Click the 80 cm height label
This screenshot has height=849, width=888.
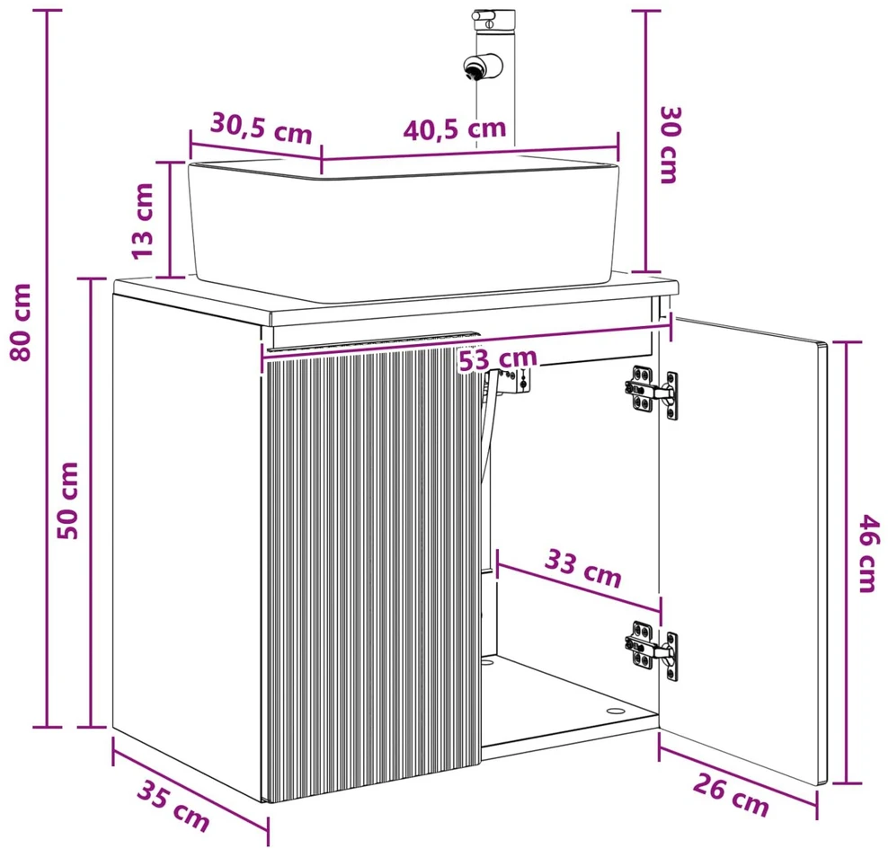22,323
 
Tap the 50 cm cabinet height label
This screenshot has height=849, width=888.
68,500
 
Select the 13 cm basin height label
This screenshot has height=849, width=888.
143,221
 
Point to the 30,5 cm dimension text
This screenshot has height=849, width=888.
261,129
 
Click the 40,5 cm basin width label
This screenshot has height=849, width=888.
455,129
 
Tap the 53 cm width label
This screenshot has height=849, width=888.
497,359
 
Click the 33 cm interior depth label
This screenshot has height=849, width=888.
583,569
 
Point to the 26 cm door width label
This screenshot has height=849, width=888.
731,795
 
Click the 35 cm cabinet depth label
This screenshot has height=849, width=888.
173,806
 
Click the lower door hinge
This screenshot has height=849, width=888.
652,650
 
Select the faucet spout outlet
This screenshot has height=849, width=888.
473,68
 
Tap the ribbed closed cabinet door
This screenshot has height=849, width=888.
373,571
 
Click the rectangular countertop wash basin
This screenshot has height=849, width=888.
404,228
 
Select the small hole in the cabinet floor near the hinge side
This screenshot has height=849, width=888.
614,711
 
